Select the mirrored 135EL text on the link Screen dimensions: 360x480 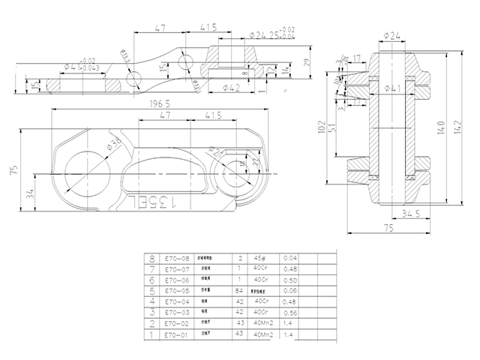(155, 200)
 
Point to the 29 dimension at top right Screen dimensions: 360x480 (306, 63)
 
